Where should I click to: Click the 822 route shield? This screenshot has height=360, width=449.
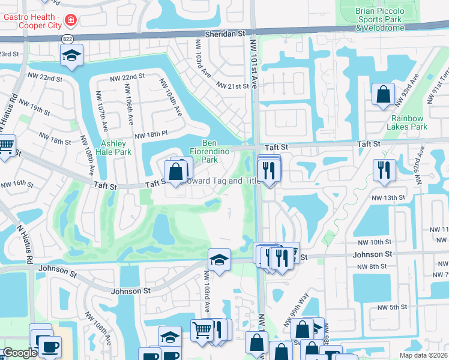pos(67,38)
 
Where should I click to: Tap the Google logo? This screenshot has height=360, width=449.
pos(19,353)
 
